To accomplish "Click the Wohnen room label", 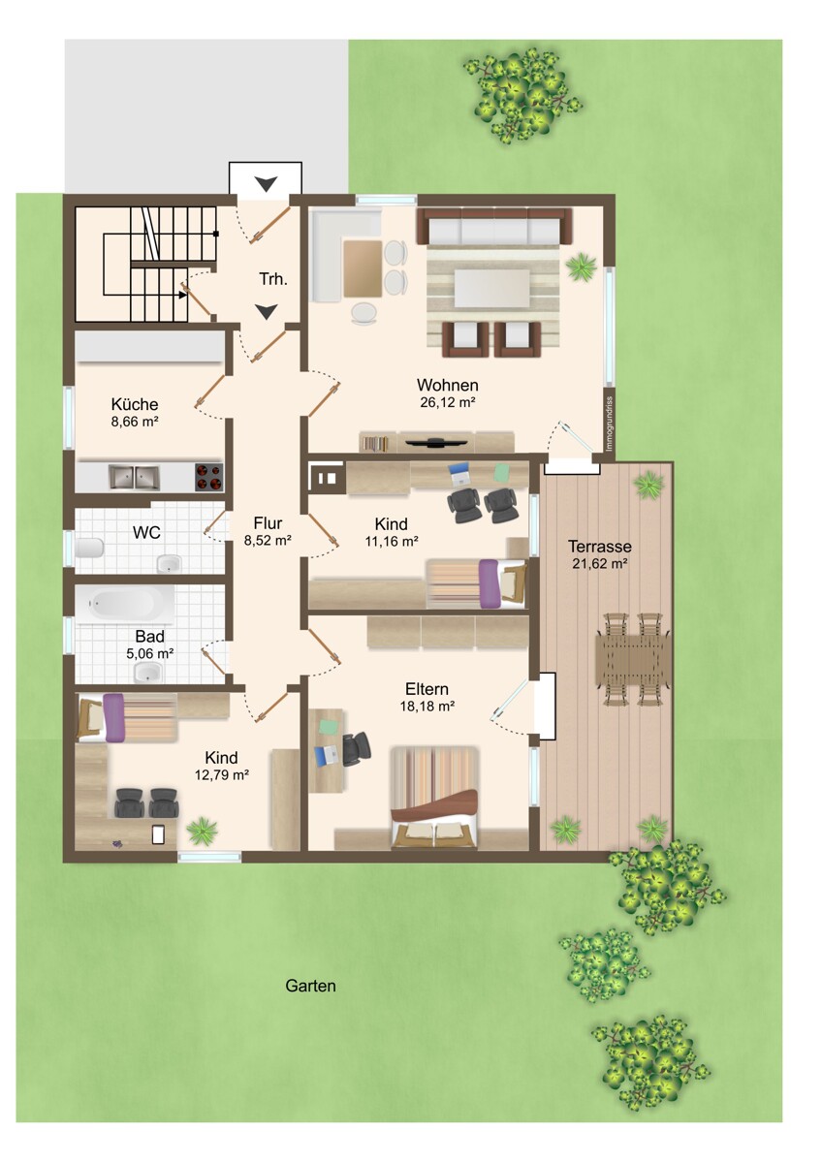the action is pyautogui.click(x=447, y=386).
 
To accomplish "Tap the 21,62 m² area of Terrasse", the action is pyautogui.click(x=600, y=563).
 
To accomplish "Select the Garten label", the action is pyautogui.click(x=310, y=986).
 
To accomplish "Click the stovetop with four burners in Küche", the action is pyautogui.click(x=208, y=477).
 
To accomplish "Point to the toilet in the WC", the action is pyautogui.click(x=89, y=548).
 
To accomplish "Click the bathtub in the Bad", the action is pyautogui.click(x=125, y=603).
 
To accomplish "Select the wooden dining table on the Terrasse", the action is pyautogui.click(x=632, y=660).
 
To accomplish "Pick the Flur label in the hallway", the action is pyautogui.click(x=268, y=522).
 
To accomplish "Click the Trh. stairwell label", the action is pyautogui.click(x=273, y=279).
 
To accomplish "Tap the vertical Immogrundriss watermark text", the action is pyautogui.click(x=610, y=424).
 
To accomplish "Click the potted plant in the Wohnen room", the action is pyautogui.click(x=581, y=267).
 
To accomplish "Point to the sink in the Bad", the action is pyautogui.click(x=148, y=673).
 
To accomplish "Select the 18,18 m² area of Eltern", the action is pyautogui.click(x=427, y=707).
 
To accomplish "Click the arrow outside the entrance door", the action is pyautogui.click(x=266, y=184).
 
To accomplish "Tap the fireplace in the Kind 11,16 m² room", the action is pyautogui.click(x=327, y=477).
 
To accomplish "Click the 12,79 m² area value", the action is pyautogui.click(x=222, y=775).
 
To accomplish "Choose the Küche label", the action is pyautogui.click(x=135, y=404).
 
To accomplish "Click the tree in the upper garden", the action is pyautogui.click(x=522, y=95).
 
